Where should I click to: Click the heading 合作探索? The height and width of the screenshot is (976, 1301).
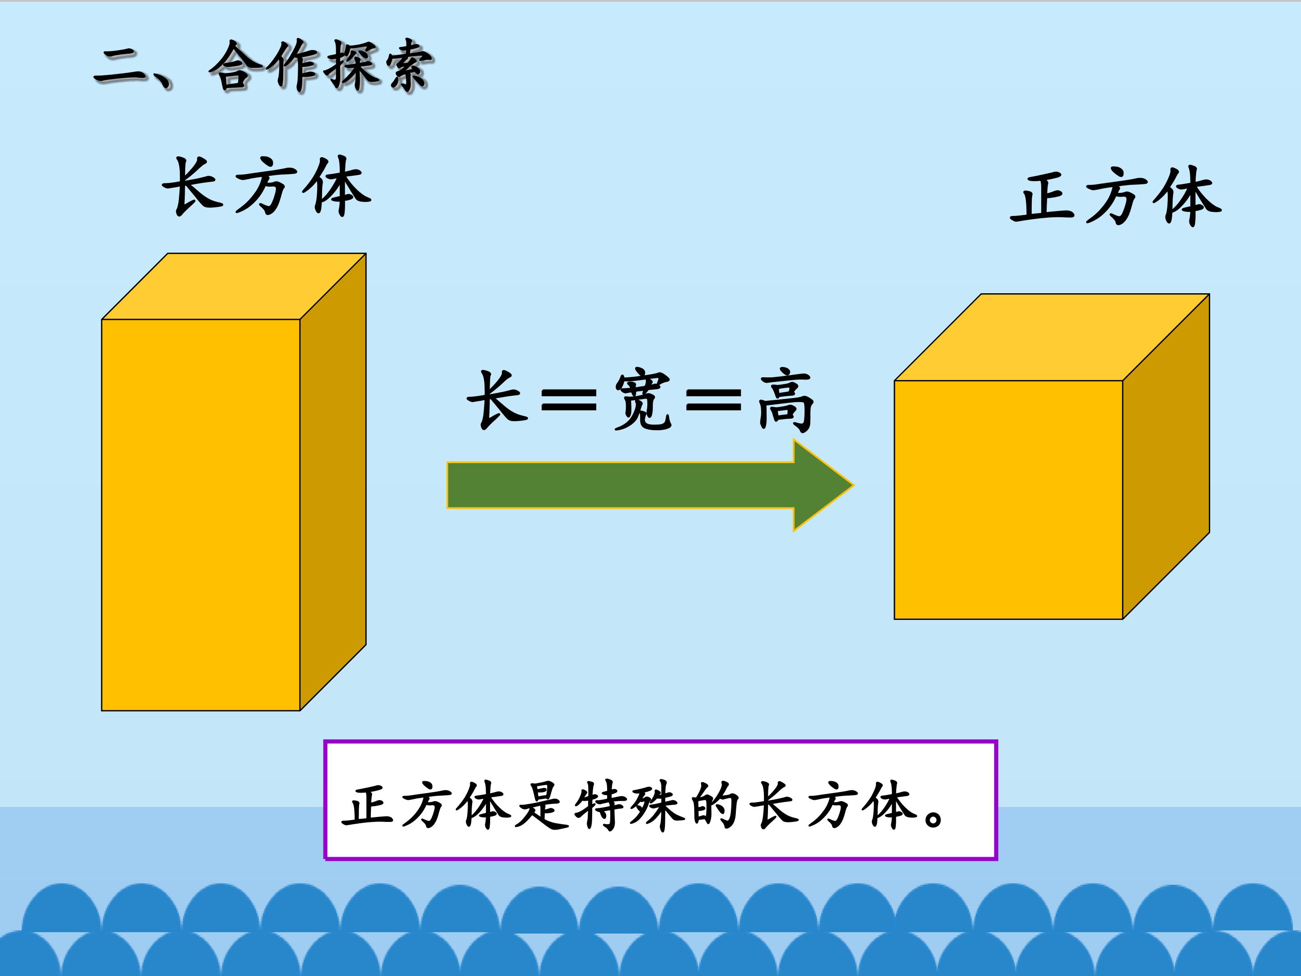(321, 66)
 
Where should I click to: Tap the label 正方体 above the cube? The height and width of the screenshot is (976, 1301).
(1116, 197)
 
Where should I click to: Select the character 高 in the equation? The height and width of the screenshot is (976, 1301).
(786, 403)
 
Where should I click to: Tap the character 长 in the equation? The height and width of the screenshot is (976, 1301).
(497, 400)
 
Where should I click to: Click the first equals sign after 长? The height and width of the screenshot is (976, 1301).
(569, 399)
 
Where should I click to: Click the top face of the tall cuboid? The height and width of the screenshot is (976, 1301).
(234, 286)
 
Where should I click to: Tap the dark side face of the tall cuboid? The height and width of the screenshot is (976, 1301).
(333, 483)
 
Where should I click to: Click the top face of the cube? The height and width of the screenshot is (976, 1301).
(1052, 337)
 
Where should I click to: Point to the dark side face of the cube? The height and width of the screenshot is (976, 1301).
(1166, 456)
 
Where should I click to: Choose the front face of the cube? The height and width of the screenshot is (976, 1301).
(1009, 500)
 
